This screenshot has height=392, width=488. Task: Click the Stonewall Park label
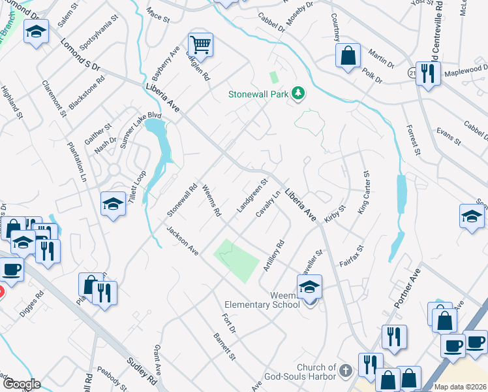point(258,94)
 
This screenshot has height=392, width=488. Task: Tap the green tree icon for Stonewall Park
point(298,93)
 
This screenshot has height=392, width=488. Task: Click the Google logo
point(21,384)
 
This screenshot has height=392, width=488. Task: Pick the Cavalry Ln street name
point(268,204)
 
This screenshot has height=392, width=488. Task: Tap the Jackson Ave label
point(182,240)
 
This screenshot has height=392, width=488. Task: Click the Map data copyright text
point(461,387)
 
